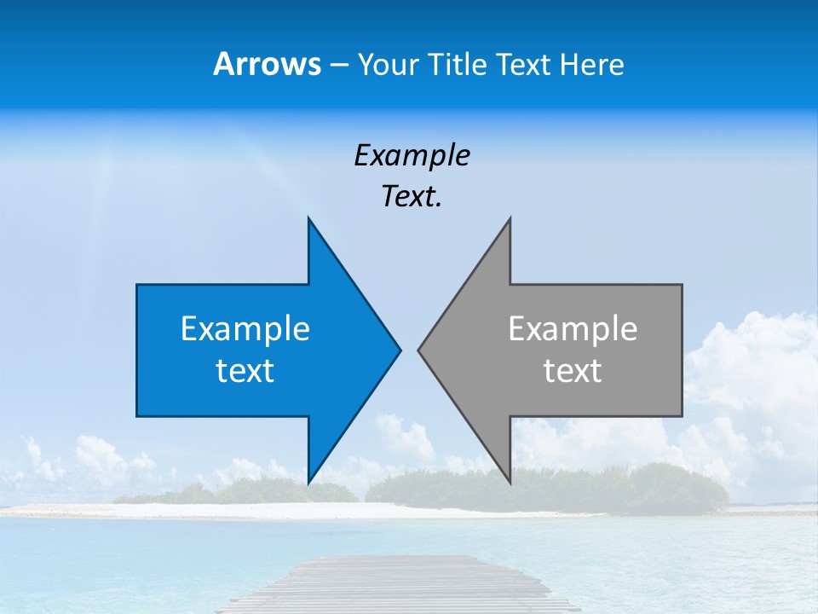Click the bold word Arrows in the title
267,64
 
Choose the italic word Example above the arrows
412,155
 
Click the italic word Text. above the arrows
412,197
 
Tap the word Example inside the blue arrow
245,328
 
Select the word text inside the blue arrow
245,371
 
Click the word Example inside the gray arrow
573,328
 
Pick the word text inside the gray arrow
573,371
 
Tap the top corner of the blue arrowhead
308,219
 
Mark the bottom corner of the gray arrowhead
510,482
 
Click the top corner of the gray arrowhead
510,219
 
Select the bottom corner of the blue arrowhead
308,482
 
